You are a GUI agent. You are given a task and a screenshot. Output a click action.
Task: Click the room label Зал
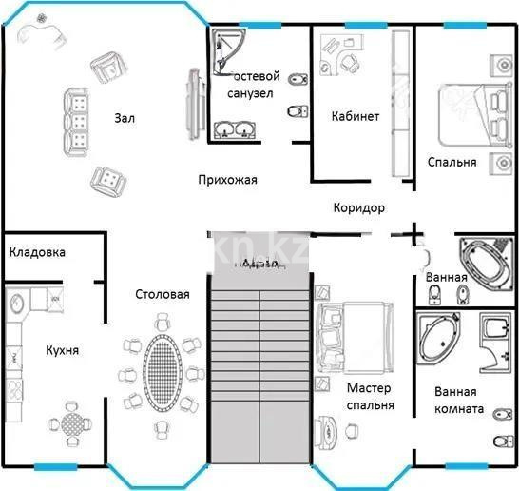point(124,118)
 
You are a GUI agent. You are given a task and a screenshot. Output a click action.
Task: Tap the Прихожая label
point(227,179)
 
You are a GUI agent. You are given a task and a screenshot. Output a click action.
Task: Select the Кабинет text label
point(356,116)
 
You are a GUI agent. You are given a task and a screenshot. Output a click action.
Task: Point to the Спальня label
point(452,162)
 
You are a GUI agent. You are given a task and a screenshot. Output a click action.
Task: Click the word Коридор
point(358,208)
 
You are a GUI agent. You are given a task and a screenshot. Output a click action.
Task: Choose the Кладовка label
point(37,252)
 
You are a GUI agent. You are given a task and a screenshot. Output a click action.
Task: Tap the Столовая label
point(162,294)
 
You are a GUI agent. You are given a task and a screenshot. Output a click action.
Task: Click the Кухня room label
point(62,350)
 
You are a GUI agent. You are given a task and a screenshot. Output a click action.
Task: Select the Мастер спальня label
point(370,397)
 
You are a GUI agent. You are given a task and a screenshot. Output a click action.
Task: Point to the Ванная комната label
point(461,401)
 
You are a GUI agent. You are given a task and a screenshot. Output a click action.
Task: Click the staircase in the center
point(259,362)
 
